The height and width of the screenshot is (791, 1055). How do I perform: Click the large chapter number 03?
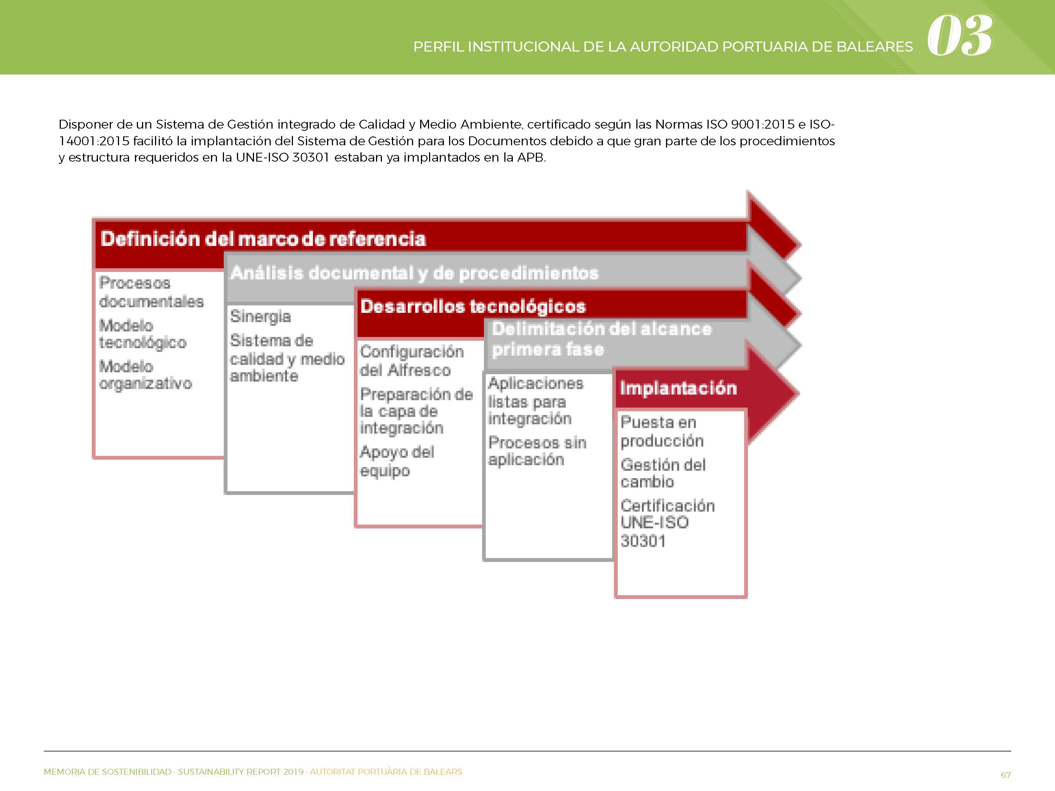[960, 35]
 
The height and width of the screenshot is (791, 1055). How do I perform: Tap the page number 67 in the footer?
[1005, 775]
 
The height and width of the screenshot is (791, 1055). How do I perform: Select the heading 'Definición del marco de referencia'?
[263, 239]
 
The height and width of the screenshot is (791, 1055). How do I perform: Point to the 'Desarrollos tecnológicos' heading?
[473, 306]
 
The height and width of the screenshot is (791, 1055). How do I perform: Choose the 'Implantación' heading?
[678, 388]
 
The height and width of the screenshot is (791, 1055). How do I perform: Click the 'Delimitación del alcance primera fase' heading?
[602, 339]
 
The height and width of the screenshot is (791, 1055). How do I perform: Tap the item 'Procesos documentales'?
[151, 292]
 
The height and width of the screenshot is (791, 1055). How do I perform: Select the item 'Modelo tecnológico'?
[143, 334]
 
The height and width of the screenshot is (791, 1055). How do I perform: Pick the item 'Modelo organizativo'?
[145, 375]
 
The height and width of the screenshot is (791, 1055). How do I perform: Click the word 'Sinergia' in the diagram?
[260, 317]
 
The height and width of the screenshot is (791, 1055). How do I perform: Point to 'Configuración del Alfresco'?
[412, 361]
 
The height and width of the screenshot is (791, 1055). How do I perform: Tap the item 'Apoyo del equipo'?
[397, 461]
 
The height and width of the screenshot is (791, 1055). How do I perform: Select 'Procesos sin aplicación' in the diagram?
[537, 451]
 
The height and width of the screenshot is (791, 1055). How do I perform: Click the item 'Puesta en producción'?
[662, 431]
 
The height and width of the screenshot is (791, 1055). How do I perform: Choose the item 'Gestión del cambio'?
[663, 473]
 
